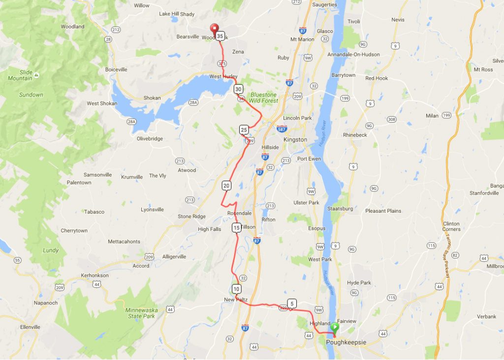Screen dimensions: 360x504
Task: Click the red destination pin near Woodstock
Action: pos(214,29)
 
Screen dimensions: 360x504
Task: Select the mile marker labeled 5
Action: pos(292,303)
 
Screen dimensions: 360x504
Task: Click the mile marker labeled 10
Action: pos(237,289)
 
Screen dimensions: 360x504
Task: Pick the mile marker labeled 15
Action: pos(237,228)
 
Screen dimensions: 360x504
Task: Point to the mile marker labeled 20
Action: pos(226,186)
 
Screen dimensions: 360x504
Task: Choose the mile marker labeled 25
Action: pos(244,130)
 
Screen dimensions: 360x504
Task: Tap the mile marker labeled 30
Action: pos(238,89)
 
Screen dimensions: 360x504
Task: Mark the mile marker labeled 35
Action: pos(220,36)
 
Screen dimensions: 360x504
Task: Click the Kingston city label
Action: pos(295,139)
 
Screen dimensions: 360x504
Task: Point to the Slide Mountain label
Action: pos(20,75)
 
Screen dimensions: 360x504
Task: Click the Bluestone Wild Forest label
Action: pos(263,98)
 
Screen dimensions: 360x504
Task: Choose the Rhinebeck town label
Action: pos(355,134)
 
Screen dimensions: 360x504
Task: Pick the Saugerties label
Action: pos(324,5)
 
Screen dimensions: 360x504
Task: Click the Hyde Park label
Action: pos(359,283)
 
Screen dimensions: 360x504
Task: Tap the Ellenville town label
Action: pos(30,327)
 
